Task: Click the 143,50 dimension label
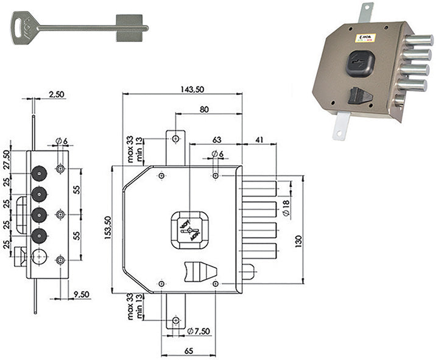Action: [191, 89]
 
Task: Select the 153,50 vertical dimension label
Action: [108, 227]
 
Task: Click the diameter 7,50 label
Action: [199, 331]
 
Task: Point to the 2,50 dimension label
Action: [56, 94]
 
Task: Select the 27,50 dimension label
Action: [7, 160]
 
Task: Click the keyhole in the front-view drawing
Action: [190, 230]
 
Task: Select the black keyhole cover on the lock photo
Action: [360, 63]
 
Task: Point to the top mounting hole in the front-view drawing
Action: [175, 139]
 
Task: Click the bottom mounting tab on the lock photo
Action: [339, 127]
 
